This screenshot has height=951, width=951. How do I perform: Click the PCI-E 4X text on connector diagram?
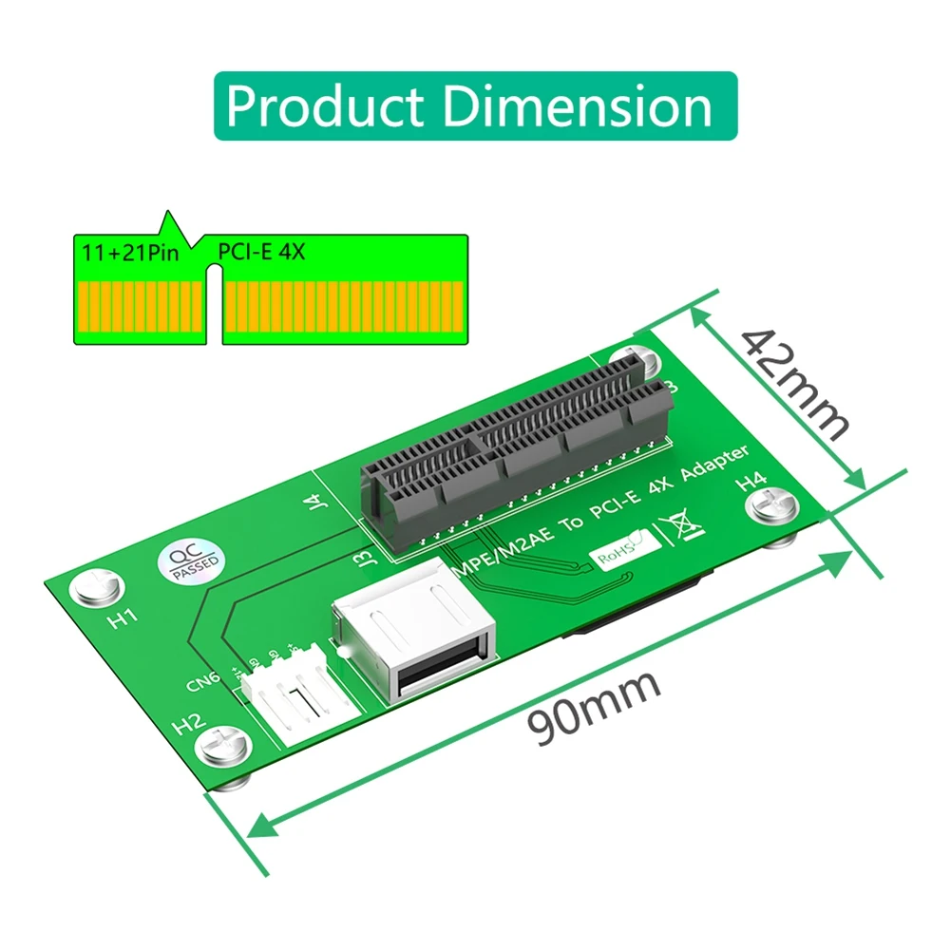pos(261,253)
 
